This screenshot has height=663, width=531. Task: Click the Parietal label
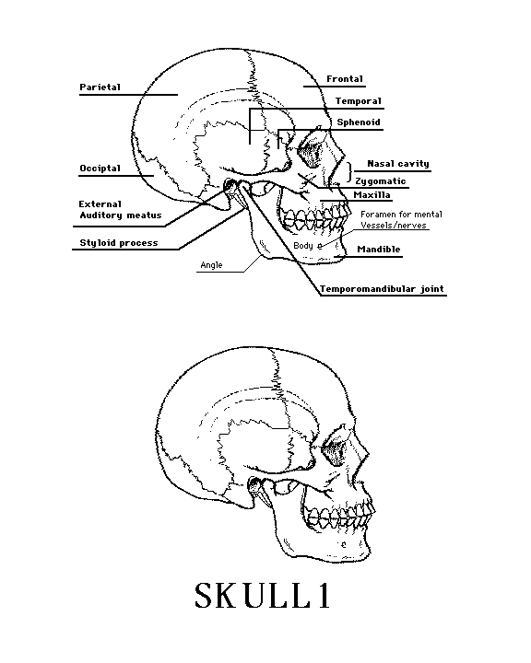100,87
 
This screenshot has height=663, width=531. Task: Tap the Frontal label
345,79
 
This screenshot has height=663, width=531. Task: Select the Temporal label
359,101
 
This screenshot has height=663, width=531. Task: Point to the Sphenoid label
359,122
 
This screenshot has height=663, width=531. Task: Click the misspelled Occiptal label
100,169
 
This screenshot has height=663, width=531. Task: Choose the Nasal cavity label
398,164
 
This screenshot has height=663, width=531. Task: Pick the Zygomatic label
380,181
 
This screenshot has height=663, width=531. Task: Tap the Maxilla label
372,195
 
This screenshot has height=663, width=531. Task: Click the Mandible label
379,249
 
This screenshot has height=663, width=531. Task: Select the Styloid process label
119,243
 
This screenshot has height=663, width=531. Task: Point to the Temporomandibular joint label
382,289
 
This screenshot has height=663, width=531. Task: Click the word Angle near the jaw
211,265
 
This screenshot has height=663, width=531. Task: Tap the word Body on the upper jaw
303,245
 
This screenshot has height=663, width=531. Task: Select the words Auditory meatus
121,215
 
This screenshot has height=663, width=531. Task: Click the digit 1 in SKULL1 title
324,596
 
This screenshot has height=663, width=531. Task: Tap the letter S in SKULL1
204,596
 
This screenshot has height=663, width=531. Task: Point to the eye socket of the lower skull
336,449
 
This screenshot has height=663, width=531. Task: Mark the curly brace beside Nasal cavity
349,172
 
